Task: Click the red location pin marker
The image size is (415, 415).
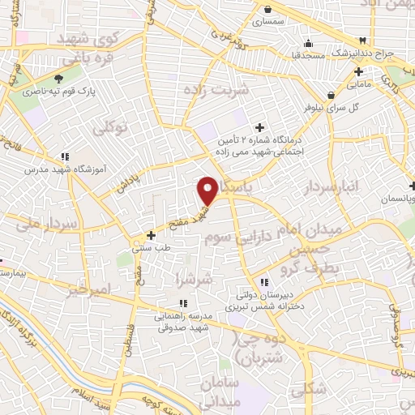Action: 207,190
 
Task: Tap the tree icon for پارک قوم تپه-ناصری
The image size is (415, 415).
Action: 58,79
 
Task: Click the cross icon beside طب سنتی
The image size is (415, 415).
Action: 151,235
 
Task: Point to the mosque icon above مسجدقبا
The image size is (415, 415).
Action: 307,43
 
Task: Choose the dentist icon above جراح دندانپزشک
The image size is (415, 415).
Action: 363,41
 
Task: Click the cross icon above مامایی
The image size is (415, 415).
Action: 358,71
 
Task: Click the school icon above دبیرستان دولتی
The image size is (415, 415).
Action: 263,282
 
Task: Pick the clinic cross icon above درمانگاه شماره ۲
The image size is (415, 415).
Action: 259,127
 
